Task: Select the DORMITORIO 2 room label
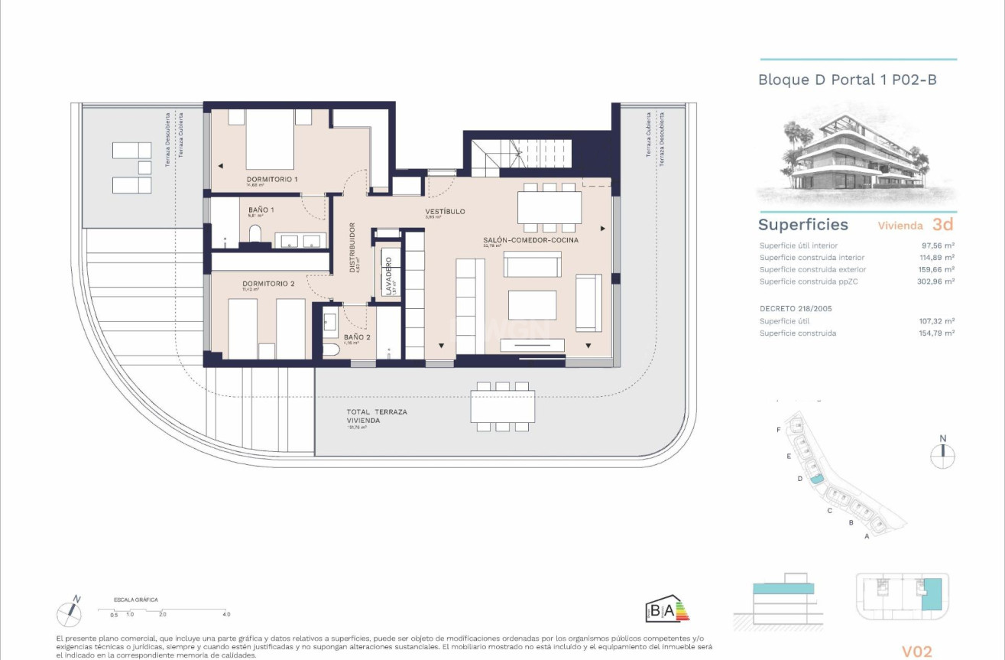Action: click(x=267, y=283)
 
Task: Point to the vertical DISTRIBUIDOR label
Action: click(x=352, y=247)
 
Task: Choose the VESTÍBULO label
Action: click(x=445, y=212)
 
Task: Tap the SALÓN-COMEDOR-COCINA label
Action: click(x=530, y=240)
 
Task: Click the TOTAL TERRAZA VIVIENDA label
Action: click(x=377, y=416)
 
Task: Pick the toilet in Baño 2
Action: click(x=331, y=351)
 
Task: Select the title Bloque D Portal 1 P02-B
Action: click(x=847, y=80)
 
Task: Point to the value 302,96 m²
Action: click(x=937, y=281)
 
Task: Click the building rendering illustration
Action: click(x=856, y=157)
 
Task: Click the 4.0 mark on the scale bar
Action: click(x=226, y=614)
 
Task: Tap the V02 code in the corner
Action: click(x=917, y=652)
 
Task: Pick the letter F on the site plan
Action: click(x=779, y=431)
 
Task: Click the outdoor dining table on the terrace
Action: click(x=502, y=406)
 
